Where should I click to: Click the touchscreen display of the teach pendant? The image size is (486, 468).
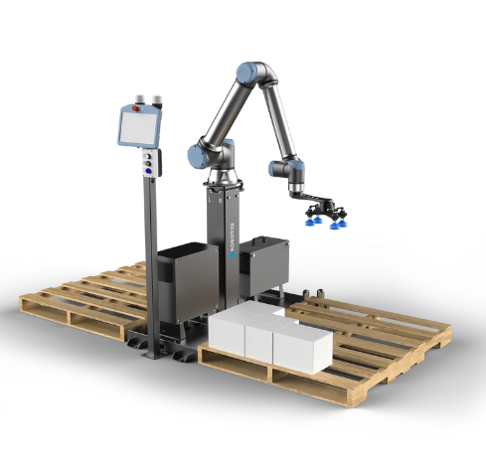coord(140,125)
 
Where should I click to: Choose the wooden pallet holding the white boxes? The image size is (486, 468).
coord(358,348)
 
